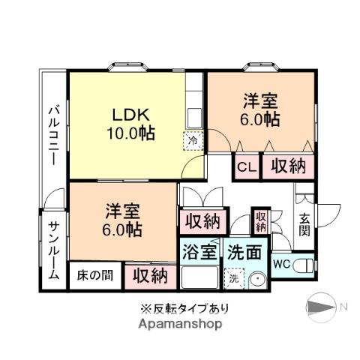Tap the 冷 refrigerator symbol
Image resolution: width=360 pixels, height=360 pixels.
(x=193, y=139)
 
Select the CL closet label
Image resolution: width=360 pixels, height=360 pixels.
(x=247, y=167)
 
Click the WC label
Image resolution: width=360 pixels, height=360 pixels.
(x=282, y=264)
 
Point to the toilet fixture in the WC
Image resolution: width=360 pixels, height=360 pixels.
(x=303, y=265)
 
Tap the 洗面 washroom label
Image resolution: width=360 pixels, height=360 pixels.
(x=245, y=253)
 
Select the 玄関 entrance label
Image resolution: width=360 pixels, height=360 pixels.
(x=305, y=226)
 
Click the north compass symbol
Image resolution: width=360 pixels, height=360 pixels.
(x=322, y=307)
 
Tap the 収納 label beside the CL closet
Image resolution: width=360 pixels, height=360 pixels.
(x=288, y=166)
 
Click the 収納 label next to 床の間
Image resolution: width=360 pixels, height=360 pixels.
(x=151, y=275)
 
